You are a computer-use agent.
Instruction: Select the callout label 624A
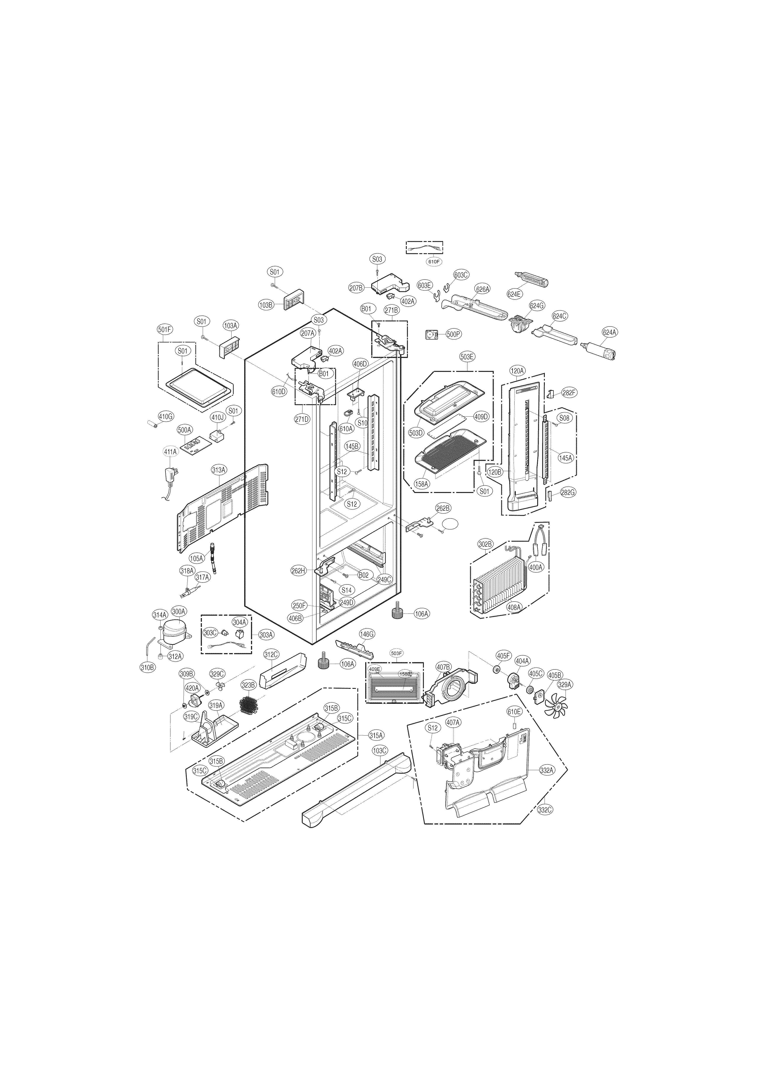610,332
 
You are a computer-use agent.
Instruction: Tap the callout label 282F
569,393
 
